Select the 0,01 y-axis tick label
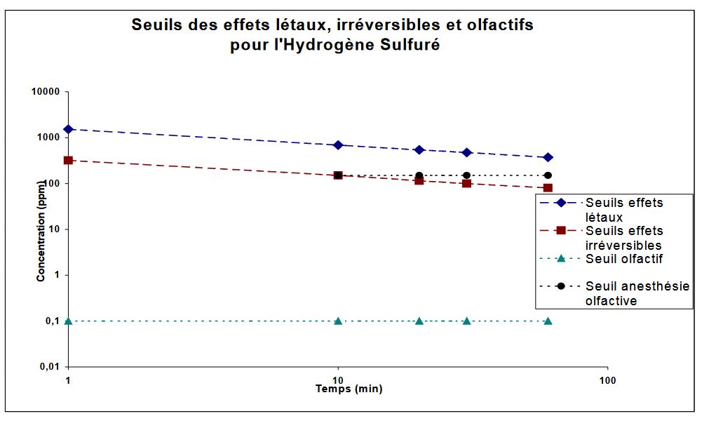48,366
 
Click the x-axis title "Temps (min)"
349,389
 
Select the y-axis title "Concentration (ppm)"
41,230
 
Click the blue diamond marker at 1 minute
68,129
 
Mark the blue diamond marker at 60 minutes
548,157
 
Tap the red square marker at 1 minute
68,160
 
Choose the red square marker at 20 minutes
419,180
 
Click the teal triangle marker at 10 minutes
338,321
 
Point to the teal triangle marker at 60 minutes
548,321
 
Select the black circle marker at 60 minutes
548,175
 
